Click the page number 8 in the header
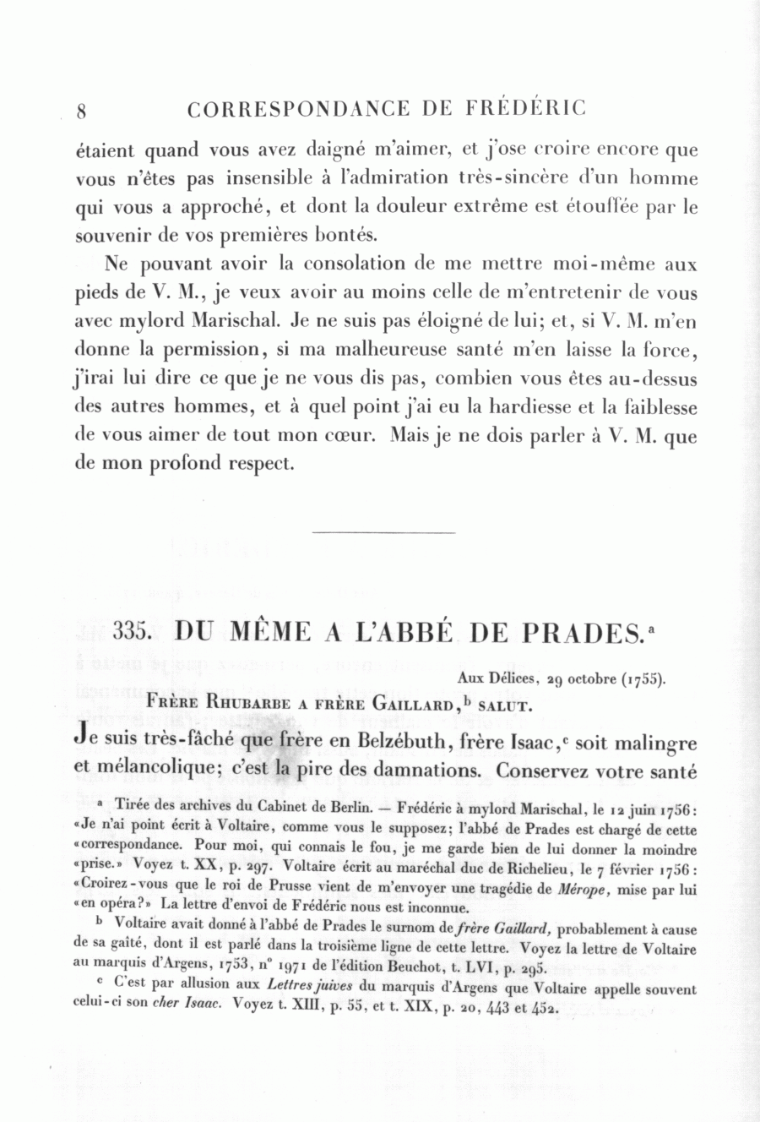pyautogui.click(x=82, y=111)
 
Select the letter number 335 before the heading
pyautogui.click(x=131, y=633)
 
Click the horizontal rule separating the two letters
pyautogui.click(x=383, y=532)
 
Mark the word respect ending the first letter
pyautogui.click(x=257, y=464)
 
